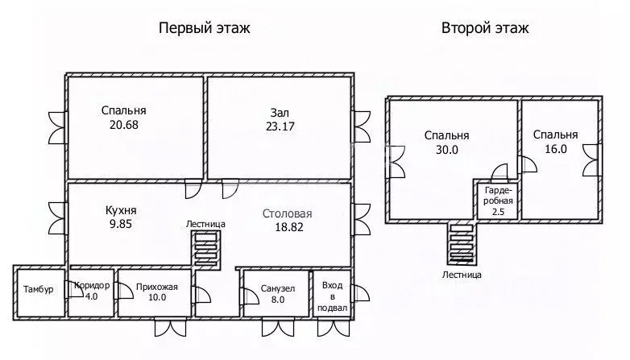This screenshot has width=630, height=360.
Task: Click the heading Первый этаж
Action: coord(204,28)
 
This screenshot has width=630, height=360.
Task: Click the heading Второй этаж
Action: coord(485,28)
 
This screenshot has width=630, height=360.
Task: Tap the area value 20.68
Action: coord(124,125)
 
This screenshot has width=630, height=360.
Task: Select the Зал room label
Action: coord(280,113)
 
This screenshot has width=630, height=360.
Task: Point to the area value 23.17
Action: coord(281,126)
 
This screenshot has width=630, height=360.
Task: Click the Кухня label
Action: coord(119,210)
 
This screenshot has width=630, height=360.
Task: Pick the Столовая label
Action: coord(287,214)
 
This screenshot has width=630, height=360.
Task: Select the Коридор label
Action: coord(91,286)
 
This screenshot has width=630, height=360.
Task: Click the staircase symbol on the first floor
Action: coord(205,248)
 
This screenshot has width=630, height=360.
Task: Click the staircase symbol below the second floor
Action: coord(462,244)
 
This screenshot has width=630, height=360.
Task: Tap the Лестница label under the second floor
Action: coord(462,275)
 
